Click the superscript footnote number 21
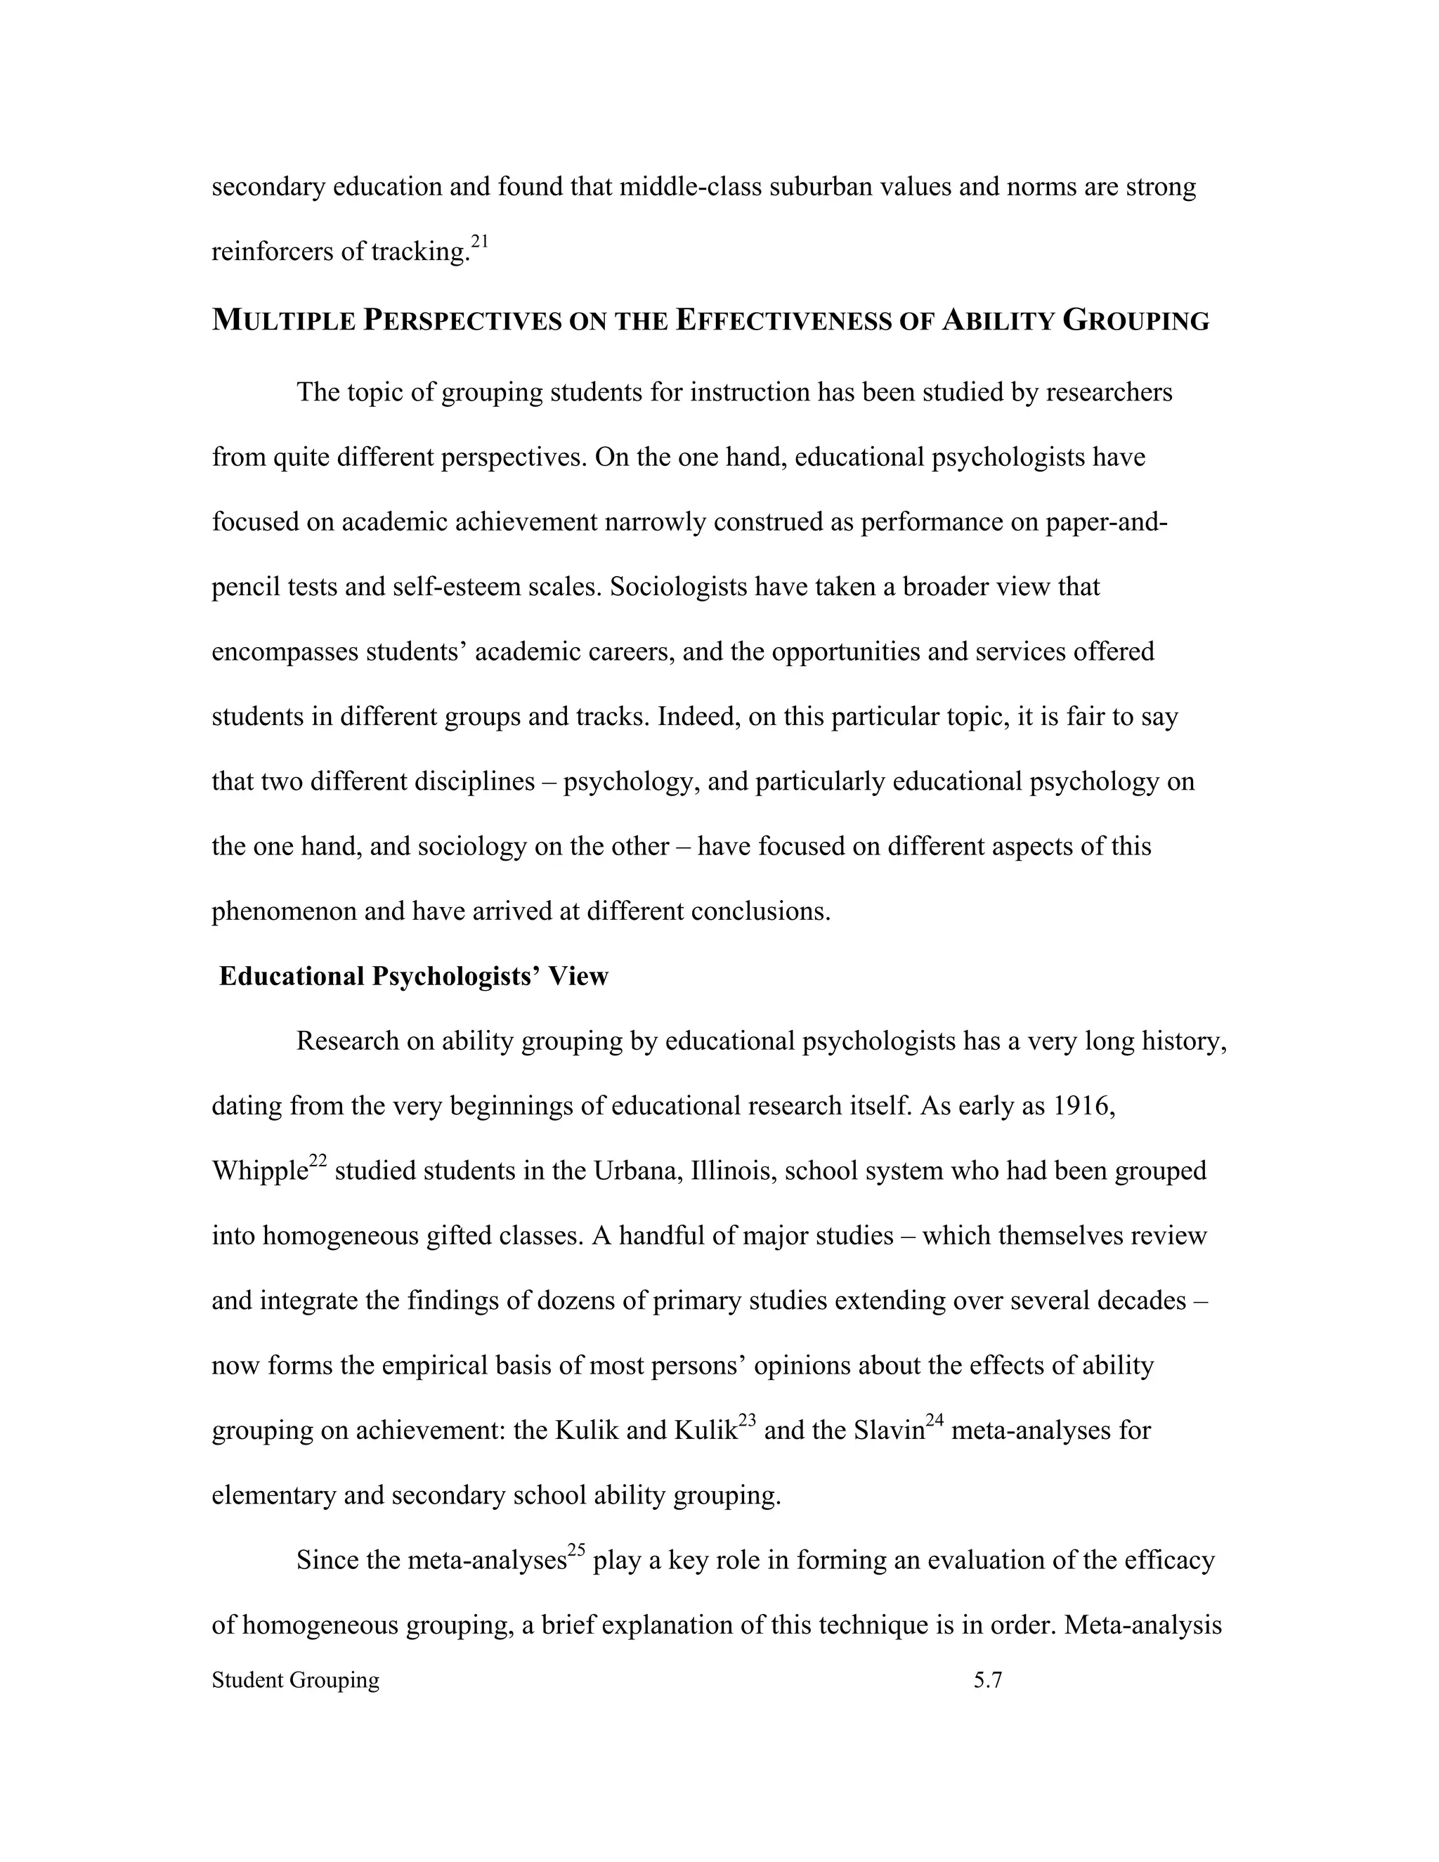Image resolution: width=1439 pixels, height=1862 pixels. coord(480,242)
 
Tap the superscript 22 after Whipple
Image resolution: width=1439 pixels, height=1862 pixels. coord(317,1161)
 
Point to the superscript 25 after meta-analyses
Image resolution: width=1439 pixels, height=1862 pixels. coord(576,1550)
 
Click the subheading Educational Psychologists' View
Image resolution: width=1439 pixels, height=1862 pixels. coord(413,976)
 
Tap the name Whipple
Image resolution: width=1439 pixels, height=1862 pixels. coord(259,1171)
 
